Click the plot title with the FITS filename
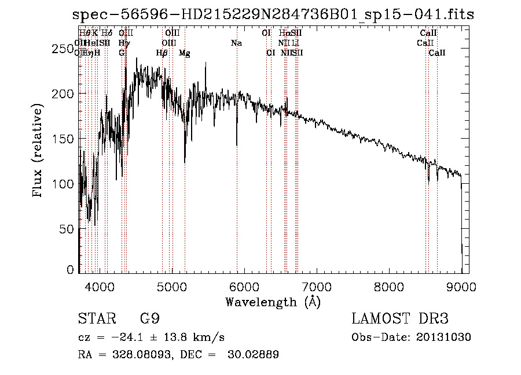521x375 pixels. point(273,14)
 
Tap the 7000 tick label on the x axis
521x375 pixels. point(317,285)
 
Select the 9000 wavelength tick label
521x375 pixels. point(461,285)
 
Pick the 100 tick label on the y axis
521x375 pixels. point(63,184)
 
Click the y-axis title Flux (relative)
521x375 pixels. point(39,151)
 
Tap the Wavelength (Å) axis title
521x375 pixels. point(273,301)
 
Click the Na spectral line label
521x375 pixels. point(236,43)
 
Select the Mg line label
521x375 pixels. point(184,53)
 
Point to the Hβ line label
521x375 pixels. point(162,53)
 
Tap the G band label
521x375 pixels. point(122,53)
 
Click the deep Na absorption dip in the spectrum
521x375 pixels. point(237,144)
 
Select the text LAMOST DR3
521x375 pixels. point(399,320)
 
